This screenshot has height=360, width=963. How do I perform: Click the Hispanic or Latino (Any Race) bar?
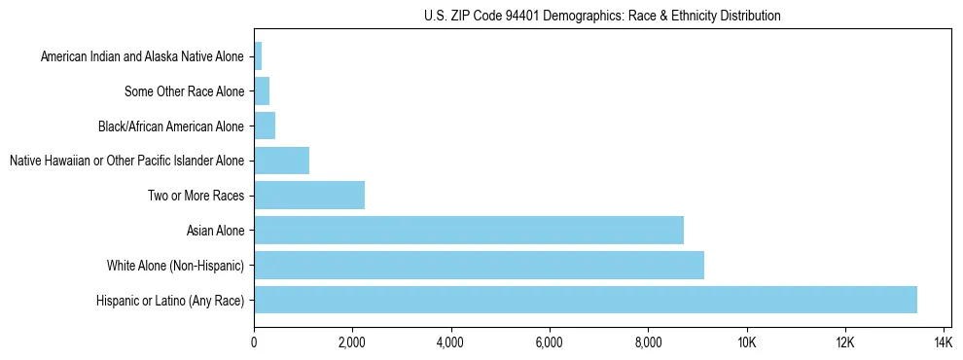[x=585, y=300]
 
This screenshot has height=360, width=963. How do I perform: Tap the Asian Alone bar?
[x=468, y=230]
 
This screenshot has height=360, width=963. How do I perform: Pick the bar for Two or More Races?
[x=308, y=195]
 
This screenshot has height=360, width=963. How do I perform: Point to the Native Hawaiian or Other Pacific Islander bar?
[x=281, y=161]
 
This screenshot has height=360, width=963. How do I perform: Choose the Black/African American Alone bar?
[x=264, y=126]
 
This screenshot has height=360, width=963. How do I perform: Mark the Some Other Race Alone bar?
[x=261, y=91]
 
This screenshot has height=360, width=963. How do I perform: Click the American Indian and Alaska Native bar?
[x=258, y=56]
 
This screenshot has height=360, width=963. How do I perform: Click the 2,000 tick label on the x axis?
[x=352, y=342]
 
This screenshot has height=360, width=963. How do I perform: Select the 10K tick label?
[x=746, y=342]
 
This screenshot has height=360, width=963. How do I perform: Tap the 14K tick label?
[x=943, y=342]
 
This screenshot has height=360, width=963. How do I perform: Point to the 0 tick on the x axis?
[x=254, y=342]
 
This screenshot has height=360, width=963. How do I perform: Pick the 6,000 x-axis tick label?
[x=549, y=342]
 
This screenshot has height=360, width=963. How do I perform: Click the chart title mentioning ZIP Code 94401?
[x=602, y=16]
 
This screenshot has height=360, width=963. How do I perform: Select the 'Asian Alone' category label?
[x=216, y=231]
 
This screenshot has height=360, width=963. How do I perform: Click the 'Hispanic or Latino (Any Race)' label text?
[x=170, y=301]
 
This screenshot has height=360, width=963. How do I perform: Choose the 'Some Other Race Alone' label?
[x=185, y=91]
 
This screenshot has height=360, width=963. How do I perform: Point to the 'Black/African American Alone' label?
[x=171, y=126]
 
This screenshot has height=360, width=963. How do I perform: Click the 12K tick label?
[x=844, y=342]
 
